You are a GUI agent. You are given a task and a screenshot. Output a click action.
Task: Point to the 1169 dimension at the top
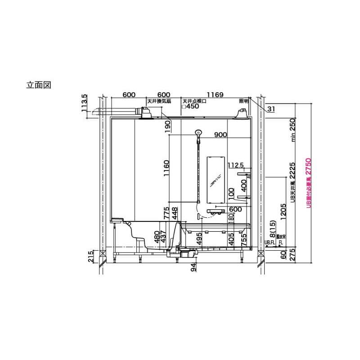[215, 95]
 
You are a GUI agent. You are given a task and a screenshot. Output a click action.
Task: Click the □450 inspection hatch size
[190, 107]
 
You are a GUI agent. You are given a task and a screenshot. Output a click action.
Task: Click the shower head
[198, 133]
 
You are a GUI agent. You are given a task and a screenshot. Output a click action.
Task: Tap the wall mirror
[215, 180]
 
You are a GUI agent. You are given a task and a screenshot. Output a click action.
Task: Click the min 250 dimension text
[292, 130]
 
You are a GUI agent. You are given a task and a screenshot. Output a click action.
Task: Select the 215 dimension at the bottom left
[91, 257]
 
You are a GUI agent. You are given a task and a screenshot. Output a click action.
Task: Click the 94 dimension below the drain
[194, 269]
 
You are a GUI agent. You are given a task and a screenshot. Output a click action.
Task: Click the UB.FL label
[269, 242]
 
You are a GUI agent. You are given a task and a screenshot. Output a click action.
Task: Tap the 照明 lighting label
[243, 102]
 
